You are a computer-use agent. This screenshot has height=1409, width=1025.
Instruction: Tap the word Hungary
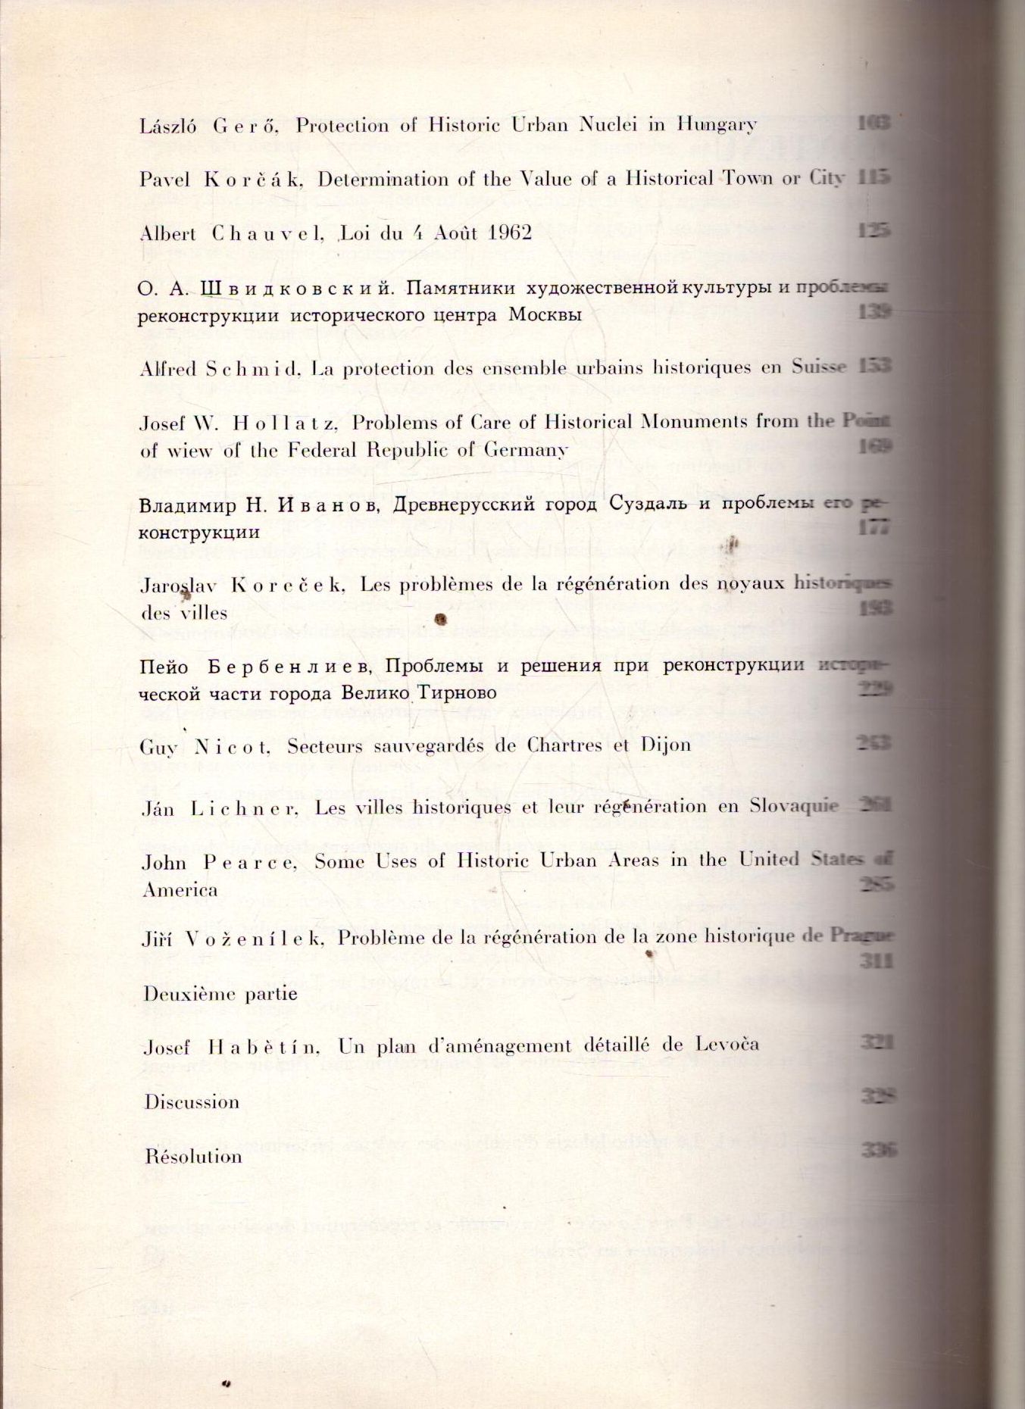coord(717,125)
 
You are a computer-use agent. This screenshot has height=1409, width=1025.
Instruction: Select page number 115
coord(873,178)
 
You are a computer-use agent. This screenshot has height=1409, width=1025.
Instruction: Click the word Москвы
coord(545,314)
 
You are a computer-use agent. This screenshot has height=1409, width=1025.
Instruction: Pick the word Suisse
coord(818,368)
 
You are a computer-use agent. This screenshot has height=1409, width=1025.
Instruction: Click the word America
coord(180,890)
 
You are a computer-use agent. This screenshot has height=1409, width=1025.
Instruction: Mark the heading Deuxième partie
coord(220,993)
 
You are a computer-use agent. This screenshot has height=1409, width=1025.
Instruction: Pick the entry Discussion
coord(192,1101)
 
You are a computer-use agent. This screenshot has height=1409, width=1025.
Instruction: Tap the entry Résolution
coord(194,1157)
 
